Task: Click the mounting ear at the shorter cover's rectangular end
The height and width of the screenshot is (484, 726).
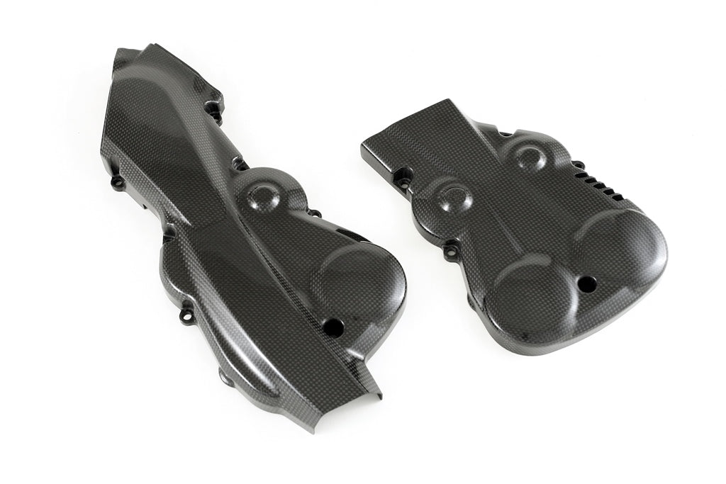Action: point(405,174)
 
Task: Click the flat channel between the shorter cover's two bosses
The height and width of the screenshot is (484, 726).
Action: point(489,177)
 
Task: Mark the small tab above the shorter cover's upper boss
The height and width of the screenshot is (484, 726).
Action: point(505,132)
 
